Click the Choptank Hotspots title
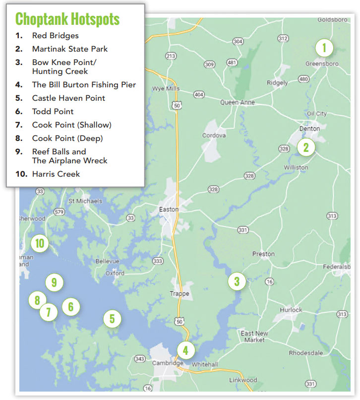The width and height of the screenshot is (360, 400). [67, 19]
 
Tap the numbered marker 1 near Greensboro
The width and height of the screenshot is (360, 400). [324, 48]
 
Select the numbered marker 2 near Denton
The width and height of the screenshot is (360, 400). [306, 147]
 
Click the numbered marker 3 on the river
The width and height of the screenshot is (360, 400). [237, 281]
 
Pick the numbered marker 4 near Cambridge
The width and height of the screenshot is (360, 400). [185, 350]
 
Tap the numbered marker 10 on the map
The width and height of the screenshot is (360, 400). [39, 243]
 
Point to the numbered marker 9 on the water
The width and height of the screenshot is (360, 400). [54, 283]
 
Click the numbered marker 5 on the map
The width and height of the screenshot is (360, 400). [112, 318]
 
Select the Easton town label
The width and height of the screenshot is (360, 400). [169, 209]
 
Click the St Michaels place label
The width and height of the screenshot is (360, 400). [85, 201]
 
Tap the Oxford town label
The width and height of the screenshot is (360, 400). [115, 272]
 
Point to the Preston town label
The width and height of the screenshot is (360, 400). [263, 254]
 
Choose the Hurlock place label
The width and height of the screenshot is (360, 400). [291, 310]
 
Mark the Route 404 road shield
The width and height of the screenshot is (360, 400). [199, 94]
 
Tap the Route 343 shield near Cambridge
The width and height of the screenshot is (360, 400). [140, 359]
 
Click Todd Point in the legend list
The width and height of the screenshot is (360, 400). [53, 112]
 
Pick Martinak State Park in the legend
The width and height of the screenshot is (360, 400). [70, 49]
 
